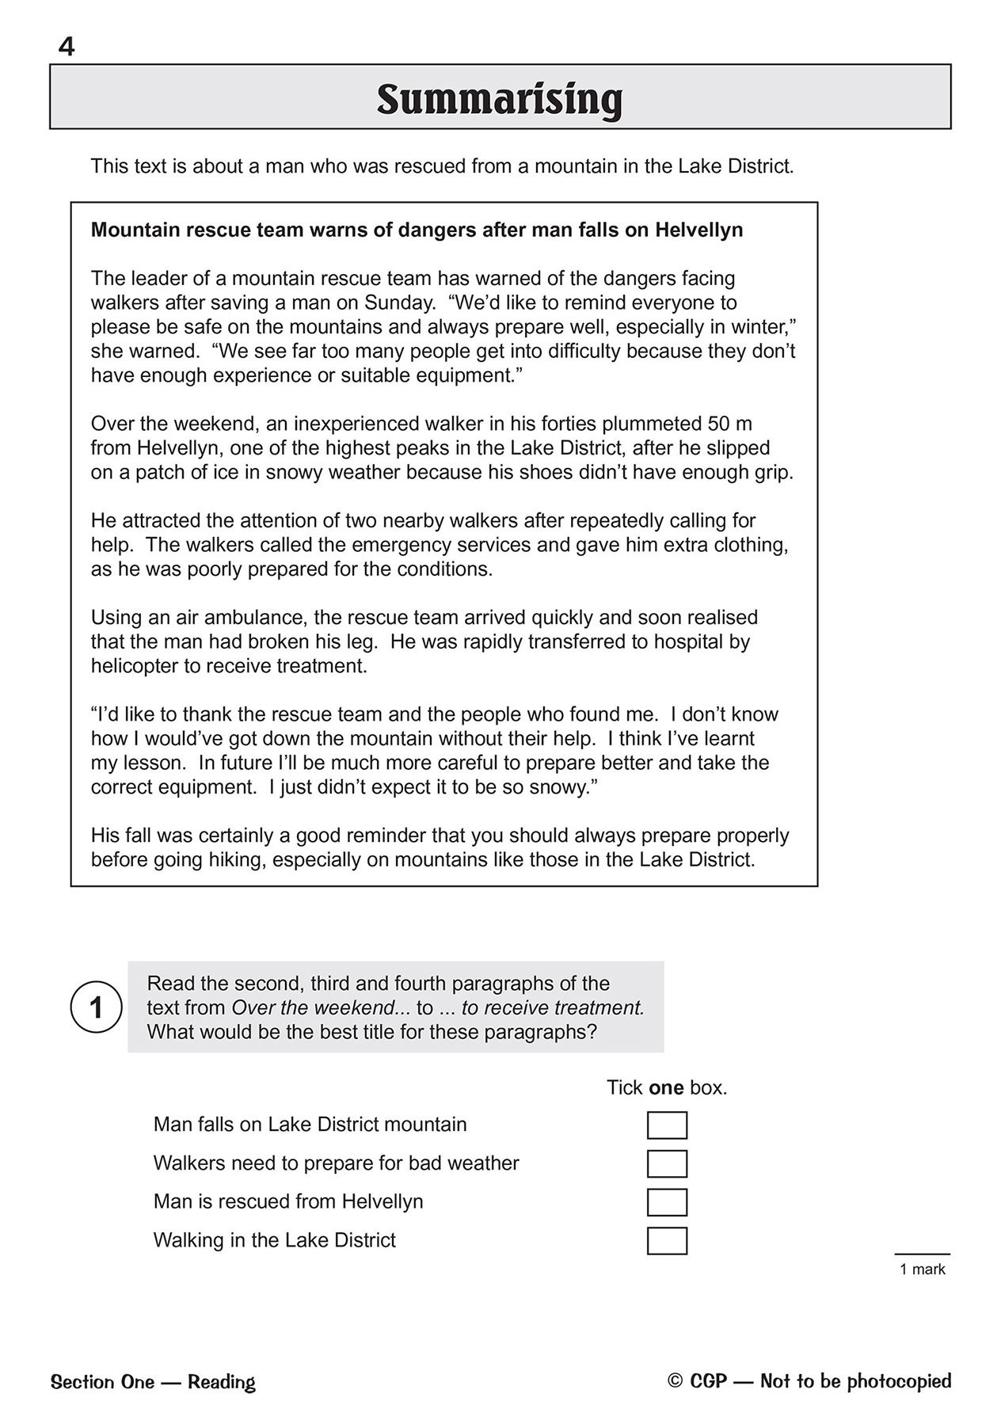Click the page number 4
(67, 48)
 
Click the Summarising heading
(500, 100)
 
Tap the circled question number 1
(97, 1008)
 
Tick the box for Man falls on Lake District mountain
(667, 1125)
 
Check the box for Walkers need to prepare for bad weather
(667, 1164)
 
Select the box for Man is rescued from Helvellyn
(667, 1202)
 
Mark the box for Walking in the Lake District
(667, 1241)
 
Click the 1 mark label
(923, 1269)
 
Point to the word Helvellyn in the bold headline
(698, 230)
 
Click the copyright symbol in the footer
(675, 1381)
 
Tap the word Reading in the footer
(221, 1383)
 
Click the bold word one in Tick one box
(665, 1088)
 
